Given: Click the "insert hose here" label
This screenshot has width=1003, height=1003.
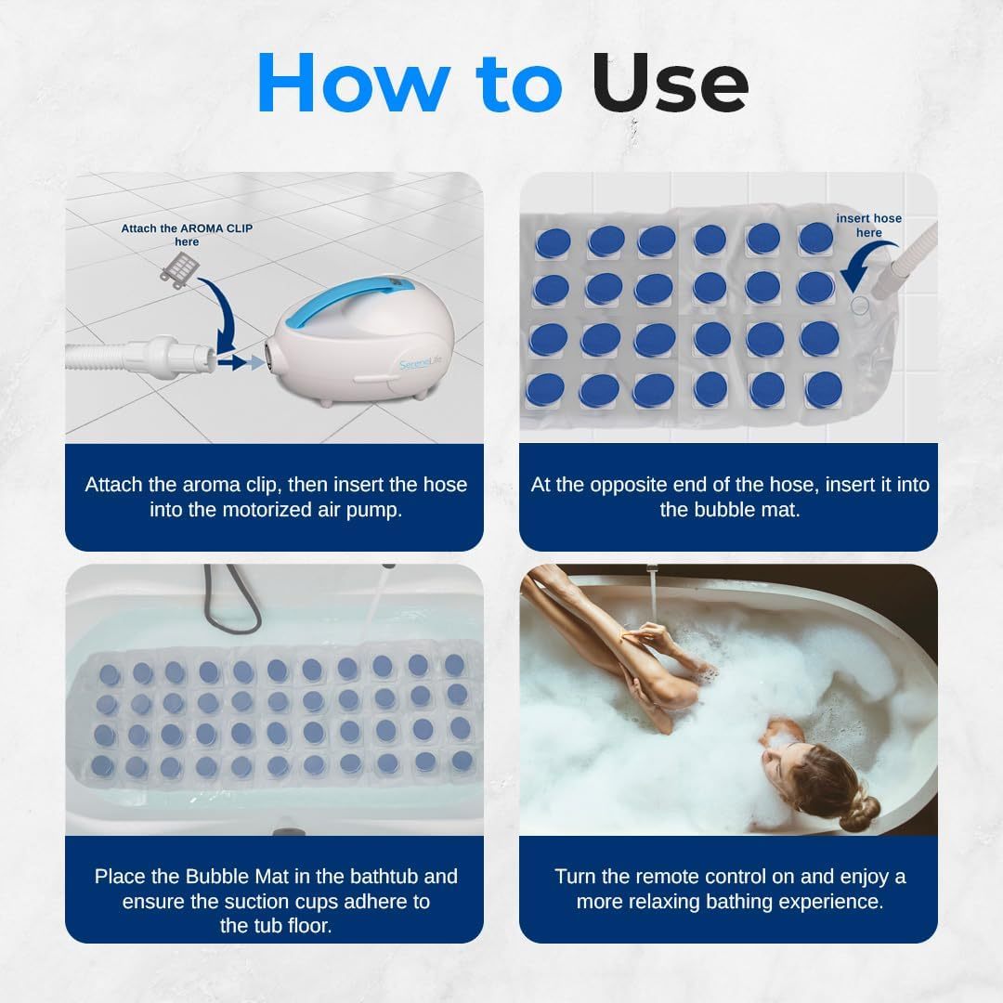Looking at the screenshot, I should pyautogui.click(x=868, y=226).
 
